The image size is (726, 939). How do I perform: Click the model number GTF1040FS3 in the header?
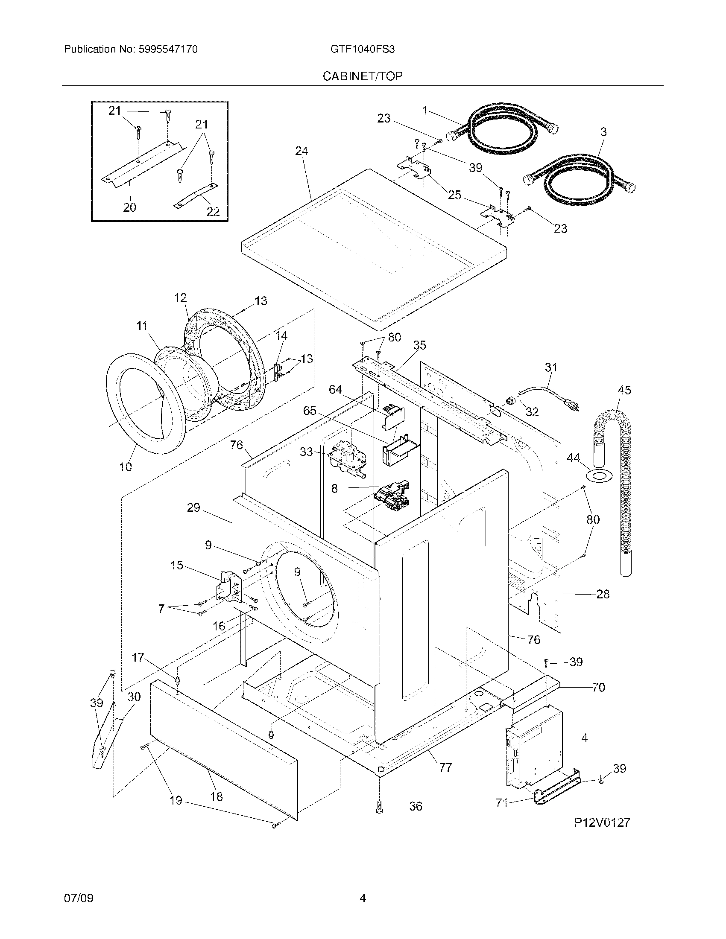[x=362, y=50]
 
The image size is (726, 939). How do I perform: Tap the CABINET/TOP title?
[x=363, y=76]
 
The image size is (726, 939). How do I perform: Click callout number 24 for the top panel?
[x=302, y=151]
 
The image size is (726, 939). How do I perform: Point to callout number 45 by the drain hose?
[x=624, y=390]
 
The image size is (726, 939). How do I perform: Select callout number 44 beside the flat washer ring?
[x=573, y=458]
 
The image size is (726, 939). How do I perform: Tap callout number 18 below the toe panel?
[x=217, y=796]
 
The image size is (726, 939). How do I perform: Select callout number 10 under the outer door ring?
[x=126, y=467]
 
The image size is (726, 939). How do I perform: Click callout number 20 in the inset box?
[x=129, y=207]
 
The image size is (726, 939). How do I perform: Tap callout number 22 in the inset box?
[x=213, y=211]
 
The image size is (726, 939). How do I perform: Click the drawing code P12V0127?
[x=602, y=822]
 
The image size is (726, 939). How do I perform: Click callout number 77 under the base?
[x=445, y=767]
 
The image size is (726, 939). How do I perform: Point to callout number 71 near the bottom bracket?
[x=501, y=803]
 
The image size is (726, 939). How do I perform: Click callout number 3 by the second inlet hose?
[x=603, y=132]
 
